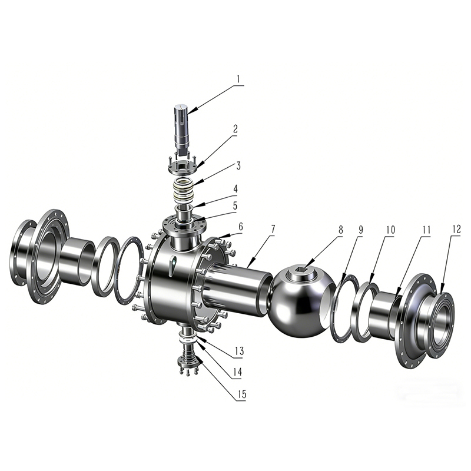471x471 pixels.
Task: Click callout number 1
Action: (x=238, y=79)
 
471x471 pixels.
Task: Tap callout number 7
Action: (x=273, y=229)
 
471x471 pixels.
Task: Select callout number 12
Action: (x=456, y=230)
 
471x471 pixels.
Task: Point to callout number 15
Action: (x=242, y=394)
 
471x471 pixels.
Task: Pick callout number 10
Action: (x=390, y=230)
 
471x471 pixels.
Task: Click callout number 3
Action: (x=238, y=165)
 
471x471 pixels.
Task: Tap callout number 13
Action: (x=239, y=351)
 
